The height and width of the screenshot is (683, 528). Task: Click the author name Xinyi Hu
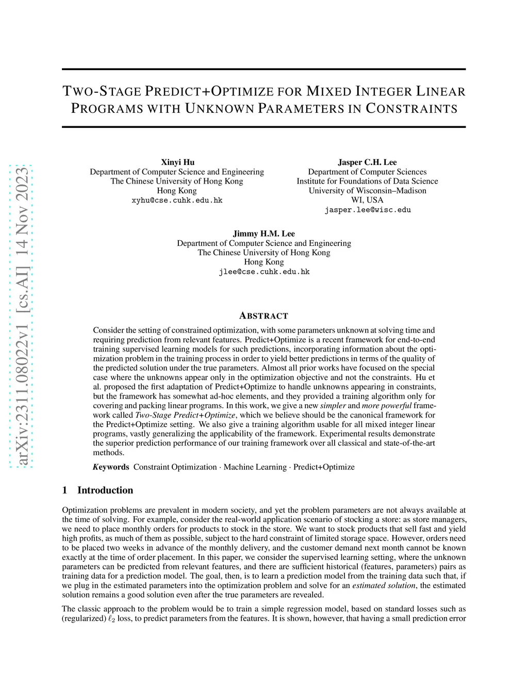pyautogui.click(x=177, y=162)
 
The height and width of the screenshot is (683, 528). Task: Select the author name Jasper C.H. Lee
pyautogui.click(x=367, y=162)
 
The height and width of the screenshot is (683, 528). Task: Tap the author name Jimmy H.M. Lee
pyautogui.click(x=264, y=234)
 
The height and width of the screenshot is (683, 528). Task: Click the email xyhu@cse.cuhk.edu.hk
pyautogui.click(x=177, y=200)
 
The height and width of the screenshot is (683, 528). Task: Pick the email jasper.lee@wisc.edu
pyautogui.click(x=367, y=210)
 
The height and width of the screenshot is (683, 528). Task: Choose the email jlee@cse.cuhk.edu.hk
pyautogui.click(x=264, y=272)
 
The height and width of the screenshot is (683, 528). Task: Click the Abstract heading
pyautogui.click(x=264, y=316)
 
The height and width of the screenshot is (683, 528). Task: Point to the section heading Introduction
pyautogui.click(x=105, y=490)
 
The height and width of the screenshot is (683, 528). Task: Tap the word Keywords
pyautogui.click(x=111, y=467)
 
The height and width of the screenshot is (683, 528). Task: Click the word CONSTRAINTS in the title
pyautogui.click(x=411, y=109)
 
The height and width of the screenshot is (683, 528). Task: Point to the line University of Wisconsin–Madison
pyautogui.click(x=367, y=191)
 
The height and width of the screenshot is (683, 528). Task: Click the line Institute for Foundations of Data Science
pyautogui.click(x=367, y=181)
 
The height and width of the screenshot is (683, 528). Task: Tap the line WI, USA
pyautogui.click(x=367, y=200)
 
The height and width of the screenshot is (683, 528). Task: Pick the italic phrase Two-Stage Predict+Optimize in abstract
pyautogui.click(x=185, y=415)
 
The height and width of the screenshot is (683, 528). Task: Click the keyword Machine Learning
pyautogui.click(x=255, y=467)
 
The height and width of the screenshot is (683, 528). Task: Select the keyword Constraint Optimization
pyautogui.click(x=175, y=467)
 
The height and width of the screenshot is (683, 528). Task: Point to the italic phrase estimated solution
pyautogui.click(x=384, y=586)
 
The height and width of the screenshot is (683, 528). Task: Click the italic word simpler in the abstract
pyautogui.click(x=333, y=406)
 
